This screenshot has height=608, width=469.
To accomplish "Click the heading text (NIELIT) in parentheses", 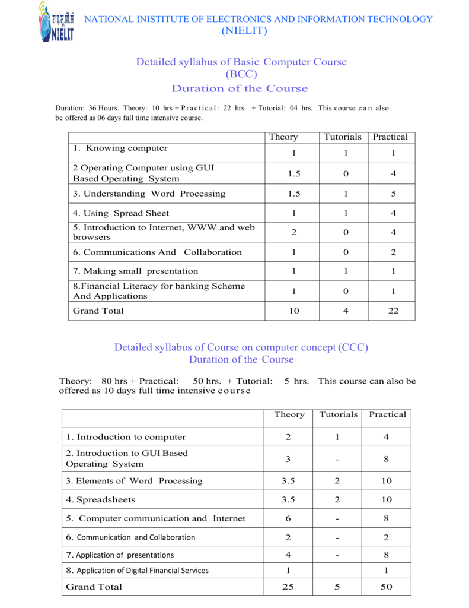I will click(x=244, y=31).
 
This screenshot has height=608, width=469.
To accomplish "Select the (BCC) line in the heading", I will click(x=241, y=74).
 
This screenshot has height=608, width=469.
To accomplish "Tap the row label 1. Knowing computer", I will click(x=120, y=148).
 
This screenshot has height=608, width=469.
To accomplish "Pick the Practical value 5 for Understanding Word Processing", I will click(x=393, y=194).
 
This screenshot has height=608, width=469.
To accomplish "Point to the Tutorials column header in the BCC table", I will click(x=342, y=137).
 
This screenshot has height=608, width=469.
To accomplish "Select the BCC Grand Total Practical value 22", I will click(x=393, y=311).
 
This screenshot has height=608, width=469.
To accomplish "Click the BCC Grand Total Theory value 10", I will click(x=293, y=311).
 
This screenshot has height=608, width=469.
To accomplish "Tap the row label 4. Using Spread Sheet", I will click(x=120, y=213).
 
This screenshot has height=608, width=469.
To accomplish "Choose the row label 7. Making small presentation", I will click(x=135, y=271).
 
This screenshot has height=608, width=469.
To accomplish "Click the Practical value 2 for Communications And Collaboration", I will click(x=393, y=252).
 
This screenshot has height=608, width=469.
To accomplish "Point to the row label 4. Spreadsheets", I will click(x=100, y=499).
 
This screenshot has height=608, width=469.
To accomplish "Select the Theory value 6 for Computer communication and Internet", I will click(x=288, y=518).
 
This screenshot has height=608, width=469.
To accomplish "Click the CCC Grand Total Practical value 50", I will click(x=387, y=587).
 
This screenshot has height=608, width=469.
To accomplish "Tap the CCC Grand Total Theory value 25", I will click(x=288, y=587).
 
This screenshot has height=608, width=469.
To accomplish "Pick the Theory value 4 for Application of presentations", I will click(x=288, y=555).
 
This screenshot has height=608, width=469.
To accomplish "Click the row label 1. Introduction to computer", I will click(x=126, y=437).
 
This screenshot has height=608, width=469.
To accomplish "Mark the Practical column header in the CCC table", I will click(x=387, y=414).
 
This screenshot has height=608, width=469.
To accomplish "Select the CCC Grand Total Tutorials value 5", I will click(x=337, y=587).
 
